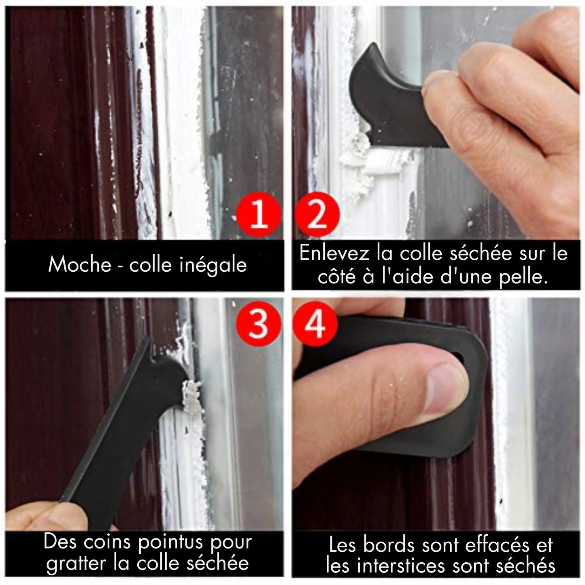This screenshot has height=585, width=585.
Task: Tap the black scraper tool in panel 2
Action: click(389, 93)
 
